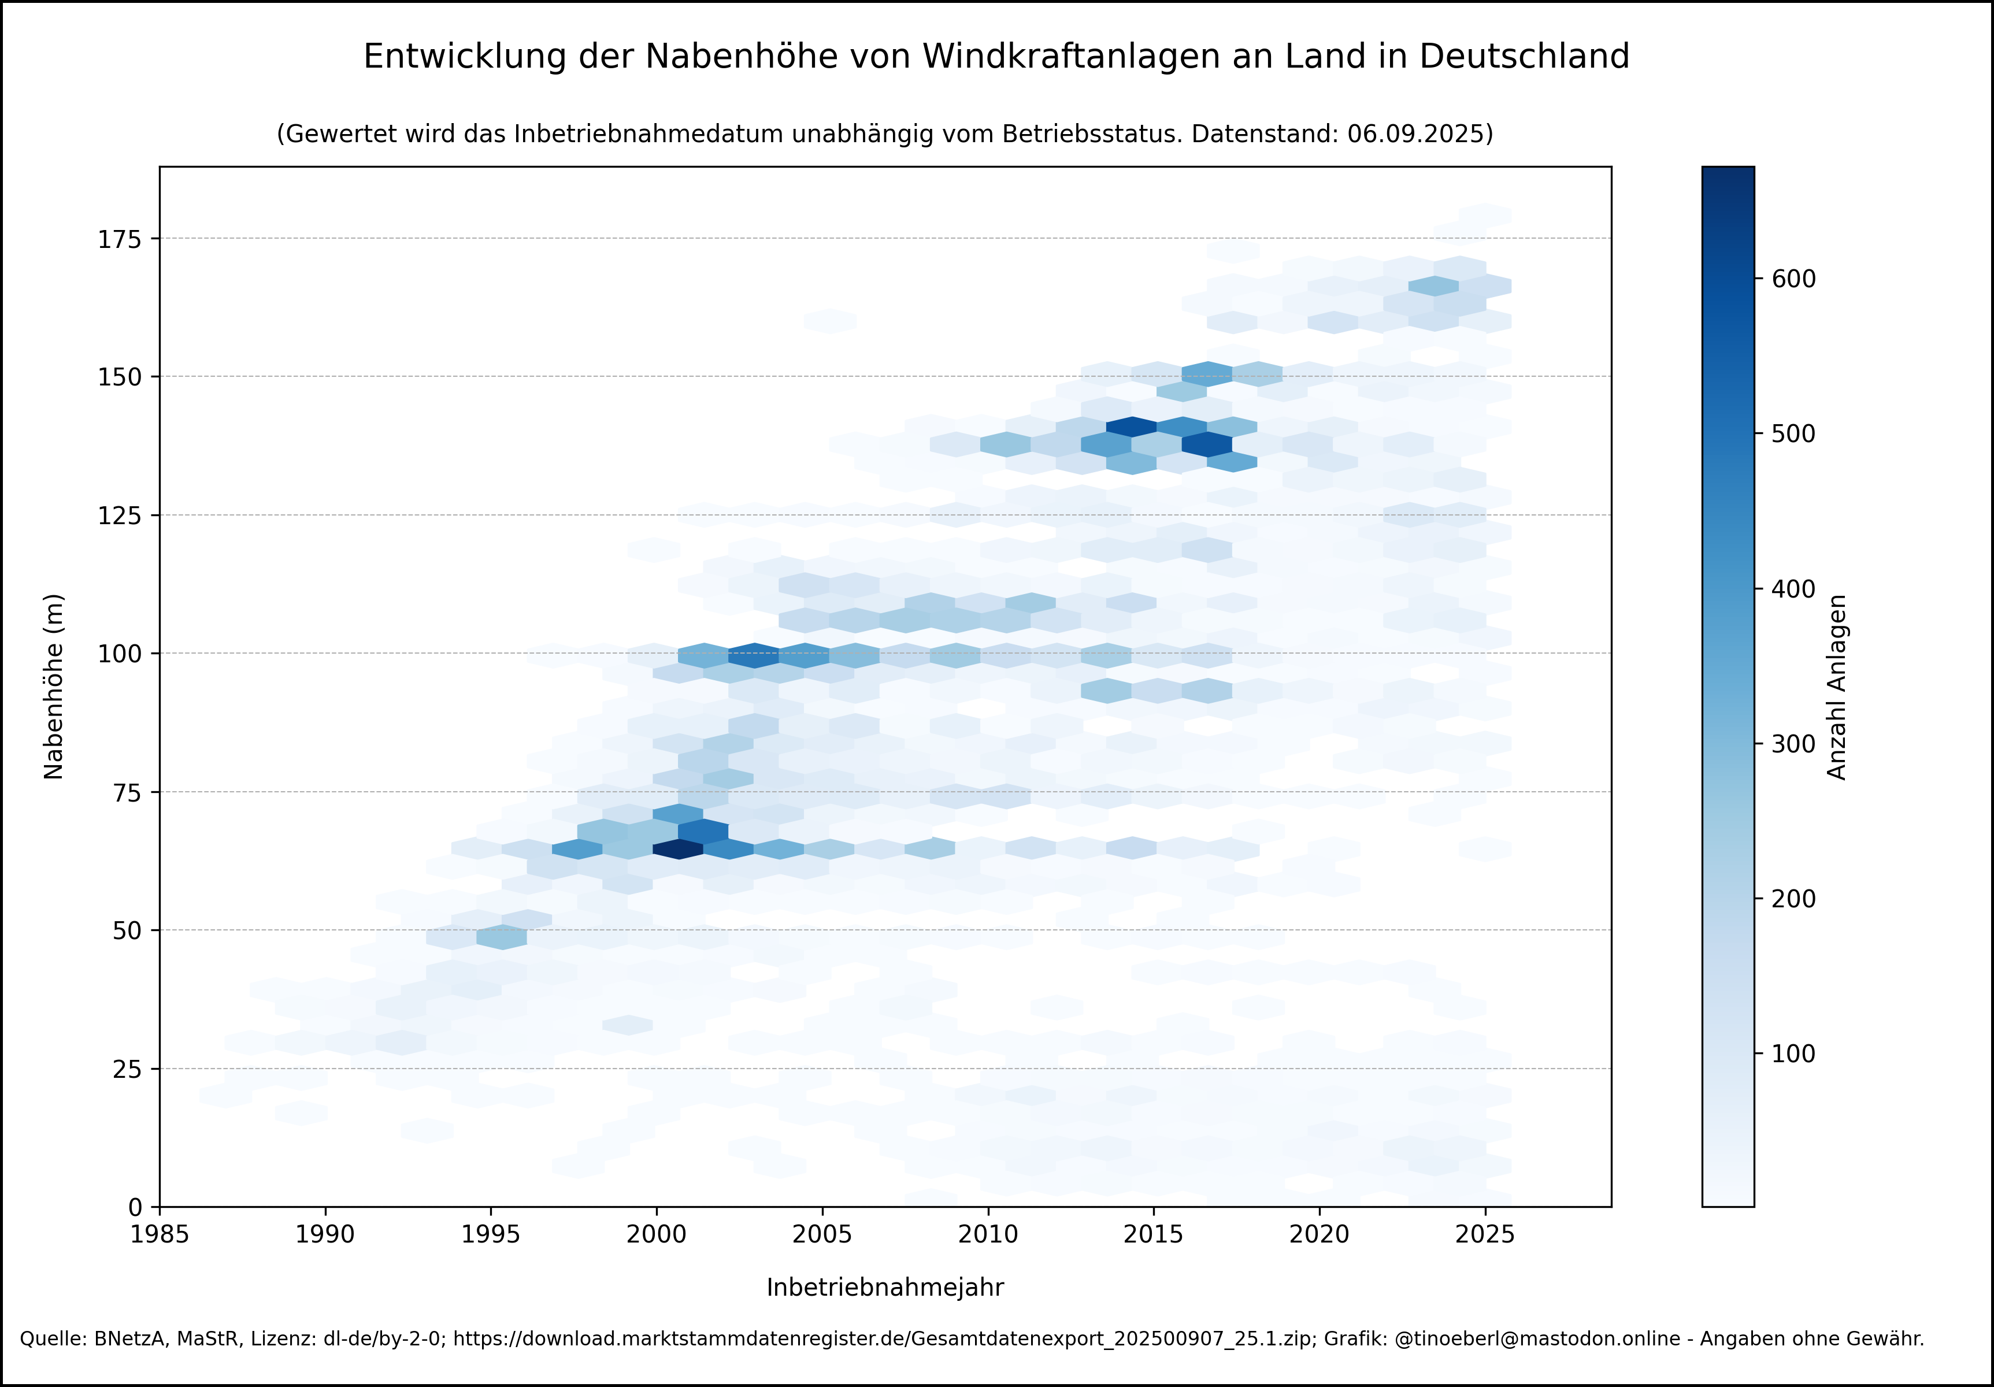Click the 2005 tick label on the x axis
click(821, 1234)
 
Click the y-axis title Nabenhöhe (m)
click(53, 686)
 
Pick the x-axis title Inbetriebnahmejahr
click(885, 1287)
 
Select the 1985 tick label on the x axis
click(160, 1234)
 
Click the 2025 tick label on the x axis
click(1485, 1234)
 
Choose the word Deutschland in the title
click(1524, 57)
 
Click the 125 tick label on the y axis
click(119, 515)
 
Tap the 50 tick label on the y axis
click(127, 930)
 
